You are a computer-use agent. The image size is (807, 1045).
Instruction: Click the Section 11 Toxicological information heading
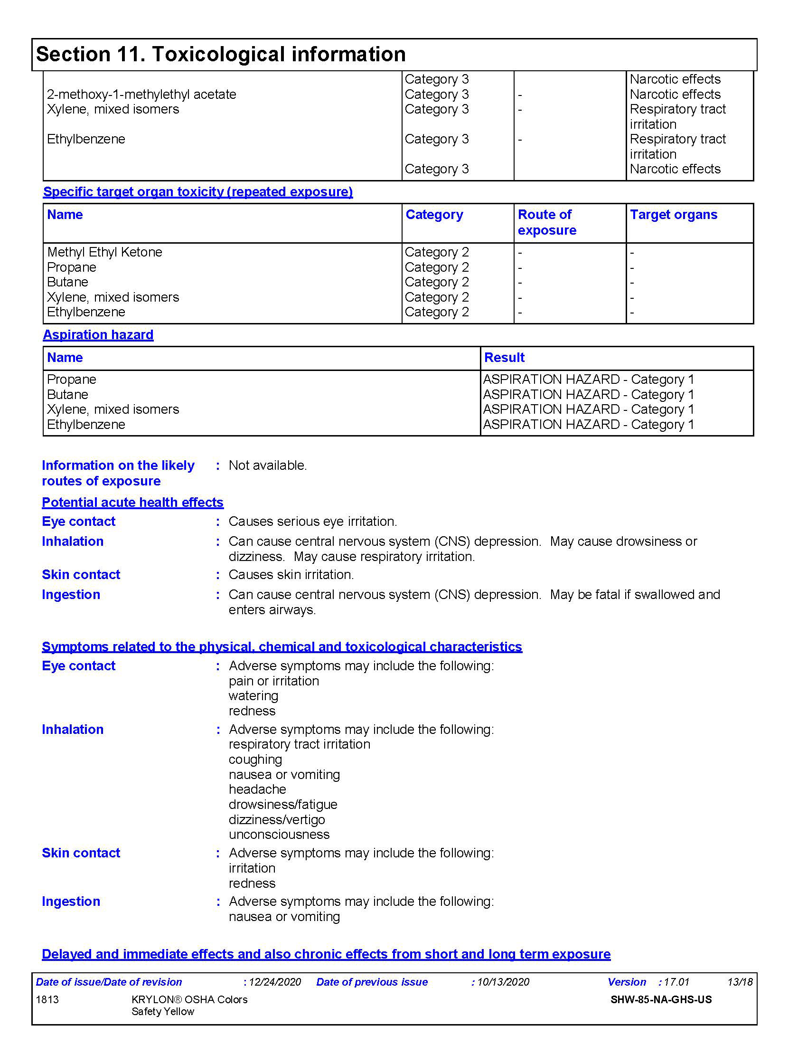point(221,54)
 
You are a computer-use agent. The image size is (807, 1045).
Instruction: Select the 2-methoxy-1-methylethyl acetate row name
point(141,94)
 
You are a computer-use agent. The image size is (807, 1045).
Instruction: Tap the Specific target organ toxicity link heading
point(198,192)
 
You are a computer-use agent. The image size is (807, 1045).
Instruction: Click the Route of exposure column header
point(547,222)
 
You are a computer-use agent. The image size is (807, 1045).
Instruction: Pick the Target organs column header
point(673,215)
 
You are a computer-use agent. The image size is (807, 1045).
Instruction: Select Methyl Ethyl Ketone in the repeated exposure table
point(105,252)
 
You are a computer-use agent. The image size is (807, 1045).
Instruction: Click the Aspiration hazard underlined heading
point(98,335)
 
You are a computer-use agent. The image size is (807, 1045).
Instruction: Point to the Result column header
point(504,357)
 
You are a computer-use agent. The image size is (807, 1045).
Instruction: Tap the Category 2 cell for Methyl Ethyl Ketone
point(436,252)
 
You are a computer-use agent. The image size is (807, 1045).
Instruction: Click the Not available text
point(268,465)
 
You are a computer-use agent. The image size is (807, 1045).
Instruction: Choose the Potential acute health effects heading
point(132,503)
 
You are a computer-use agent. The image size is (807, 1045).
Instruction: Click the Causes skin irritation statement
point(291,574)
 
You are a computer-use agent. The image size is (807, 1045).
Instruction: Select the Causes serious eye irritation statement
point(313,521)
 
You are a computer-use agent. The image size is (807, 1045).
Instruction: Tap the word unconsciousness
point(279,834)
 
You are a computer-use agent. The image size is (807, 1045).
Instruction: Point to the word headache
point(257,789)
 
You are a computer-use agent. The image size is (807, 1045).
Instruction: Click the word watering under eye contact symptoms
point(253,696)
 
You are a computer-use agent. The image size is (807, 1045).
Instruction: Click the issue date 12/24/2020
point(275,982)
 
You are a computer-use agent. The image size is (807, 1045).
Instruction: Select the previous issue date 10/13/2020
point(503,982)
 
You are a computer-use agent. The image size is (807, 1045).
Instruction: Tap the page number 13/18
point(740,982)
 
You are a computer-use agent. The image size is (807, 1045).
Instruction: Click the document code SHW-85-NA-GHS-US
point(661,999)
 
